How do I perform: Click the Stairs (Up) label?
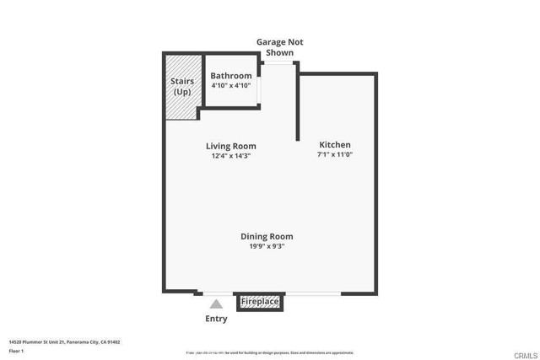coord(182,86)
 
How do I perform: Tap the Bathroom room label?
coord(231,76)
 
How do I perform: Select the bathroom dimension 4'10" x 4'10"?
coord(231,85)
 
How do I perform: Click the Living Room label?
coord(231,146)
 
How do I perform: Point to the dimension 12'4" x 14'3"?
coord(231,155)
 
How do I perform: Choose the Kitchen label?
coord(334,145)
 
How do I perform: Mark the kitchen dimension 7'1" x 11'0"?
coord(334,154)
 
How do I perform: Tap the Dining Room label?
coord(267,237)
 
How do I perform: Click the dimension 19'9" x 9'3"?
coord(267,246)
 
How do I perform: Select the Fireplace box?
coord(260,301)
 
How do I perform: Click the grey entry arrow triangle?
coord(216,304)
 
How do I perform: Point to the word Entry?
coord(216,319)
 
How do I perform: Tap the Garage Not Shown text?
coord(279,47)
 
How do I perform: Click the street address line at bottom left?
coord(64,342)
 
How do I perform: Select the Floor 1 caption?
coord(17,351)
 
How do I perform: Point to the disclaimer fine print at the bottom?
coord(269,352)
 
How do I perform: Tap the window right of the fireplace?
coord(312,293)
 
